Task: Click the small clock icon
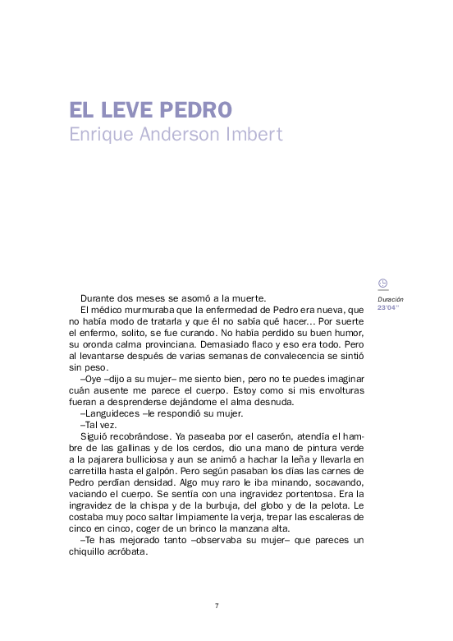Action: click(382, 284)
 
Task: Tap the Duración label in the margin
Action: click(391, 300)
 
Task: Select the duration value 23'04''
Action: click(387, 307)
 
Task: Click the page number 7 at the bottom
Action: click(216, 606)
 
